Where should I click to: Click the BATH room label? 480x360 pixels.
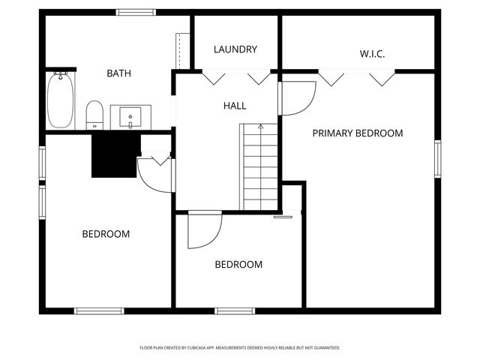pyautogui.click(x=118, y=73)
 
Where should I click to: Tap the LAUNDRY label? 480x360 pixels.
pyautogui.click(x=235, y=49)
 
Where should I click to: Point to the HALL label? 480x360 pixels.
pyautogui.click(x=234, y=106)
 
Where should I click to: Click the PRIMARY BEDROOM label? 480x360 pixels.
pyautogui.click(x=358, y=133)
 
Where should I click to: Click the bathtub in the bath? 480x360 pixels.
pyautogui.click(x=60, y=100)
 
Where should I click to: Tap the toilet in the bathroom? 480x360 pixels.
pyautogui.click(x=94, y=115)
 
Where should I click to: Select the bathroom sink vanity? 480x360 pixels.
pyautogui.click(x=131, y=117)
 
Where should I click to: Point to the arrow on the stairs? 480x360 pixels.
pyautogui.click(x=260, y=127)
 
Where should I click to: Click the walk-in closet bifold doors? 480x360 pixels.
pyautogui.click(x=356, y=77)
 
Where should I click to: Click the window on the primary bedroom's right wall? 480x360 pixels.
pyautogui.click(x=437, y=159)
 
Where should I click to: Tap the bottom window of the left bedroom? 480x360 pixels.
pyautogui.click(x=99, y=310)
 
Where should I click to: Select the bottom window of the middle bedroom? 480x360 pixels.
pyautogui.click(x=235, y=310)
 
